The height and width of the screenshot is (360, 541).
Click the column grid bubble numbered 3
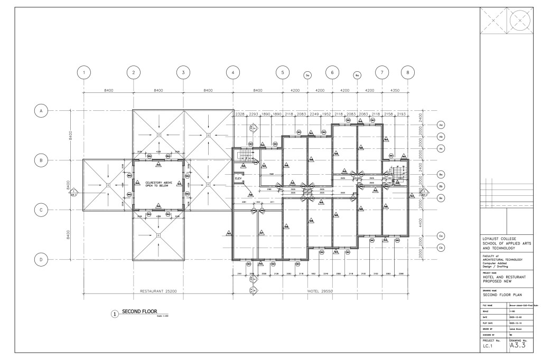tap(183, 73)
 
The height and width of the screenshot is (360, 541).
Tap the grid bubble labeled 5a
tap(307, 76)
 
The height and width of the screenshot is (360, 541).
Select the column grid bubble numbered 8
tap(407, 73)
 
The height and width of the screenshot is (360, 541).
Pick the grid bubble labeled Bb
tap(441, 186)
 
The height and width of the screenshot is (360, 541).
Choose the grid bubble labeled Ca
tap(441, 235)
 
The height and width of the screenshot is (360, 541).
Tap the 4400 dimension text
tap(421, 223)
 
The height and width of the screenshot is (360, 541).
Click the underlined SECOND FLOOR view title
tap(136, 311)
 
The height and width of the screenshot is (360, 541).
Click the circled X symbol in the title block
tap(520, 20)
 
